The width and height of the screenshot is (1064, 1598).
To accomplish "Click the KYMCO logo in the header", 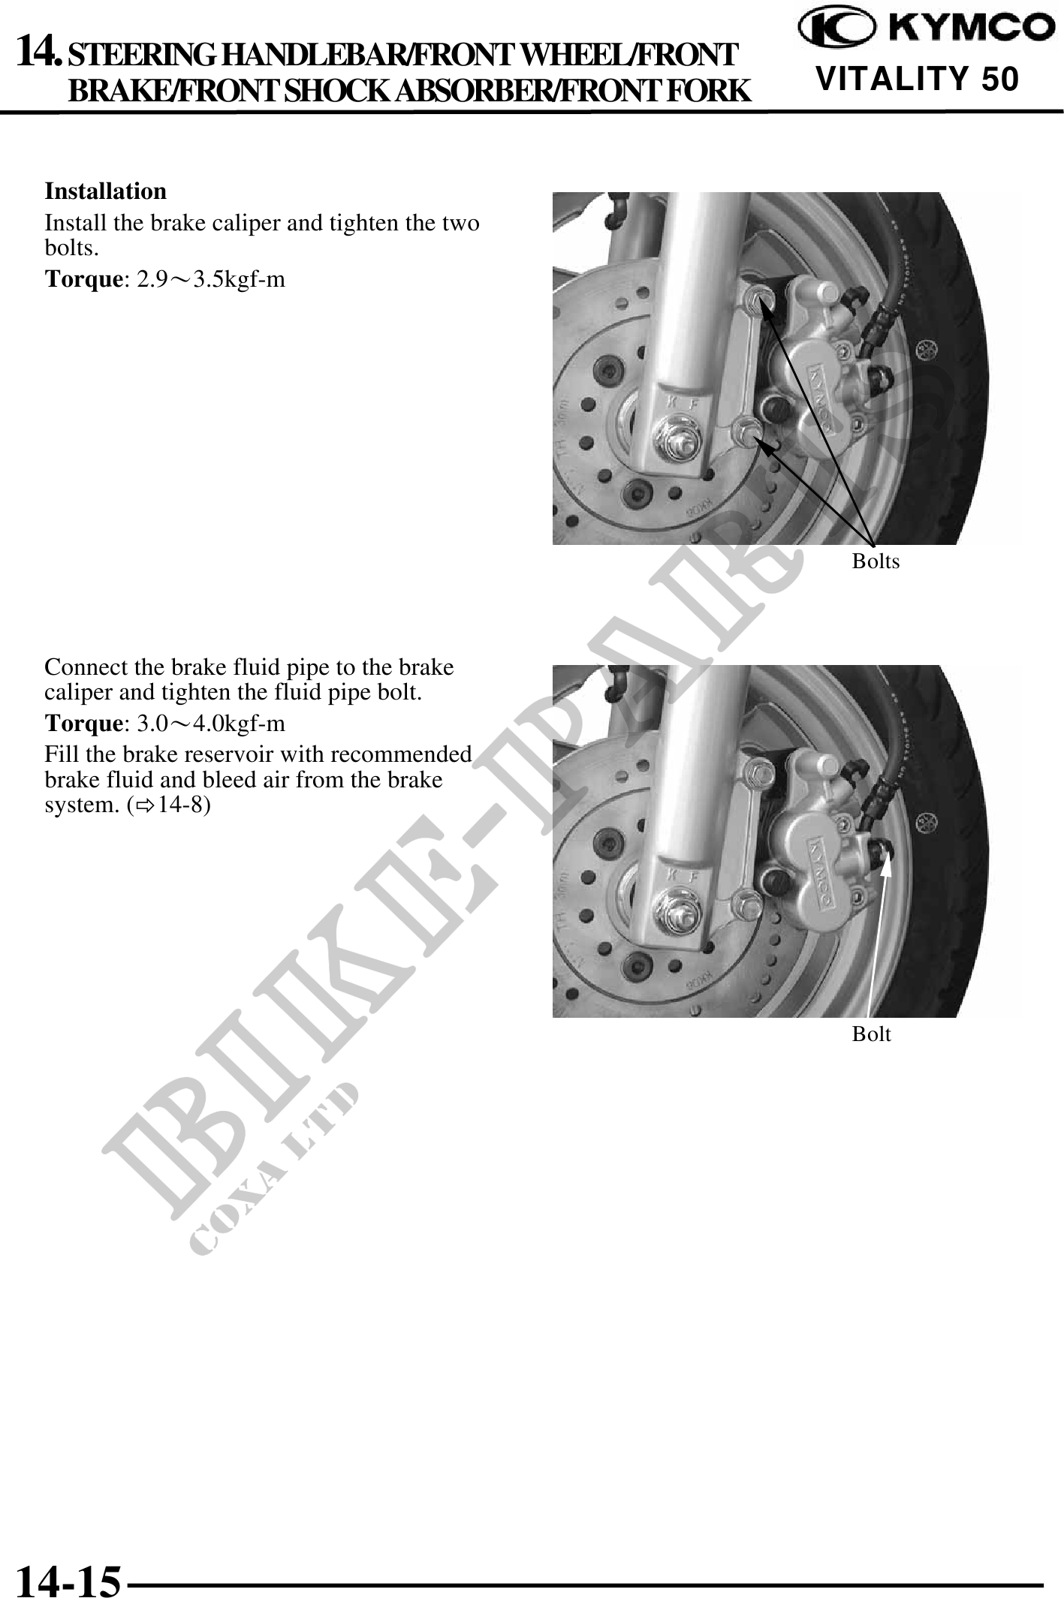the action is coord(926,29).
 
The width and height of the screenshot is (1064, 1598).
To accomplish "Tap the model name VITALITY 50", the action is coord(918,79).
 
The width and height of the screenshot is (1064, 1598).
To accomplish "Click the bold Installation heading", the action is coord(106,191).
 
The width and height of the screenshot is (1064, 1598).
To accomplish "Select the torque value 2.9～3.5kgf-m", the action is coord(211,280).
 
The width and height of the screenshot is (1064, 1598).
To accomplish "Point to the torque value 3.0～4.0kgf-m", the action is coord(211,724).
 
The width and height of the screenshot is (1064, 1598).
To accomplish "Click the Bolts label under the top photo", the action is coord(876,561).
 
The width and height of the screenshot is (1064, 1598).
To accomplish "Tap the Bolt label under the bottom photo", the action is coord(871,1034).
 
